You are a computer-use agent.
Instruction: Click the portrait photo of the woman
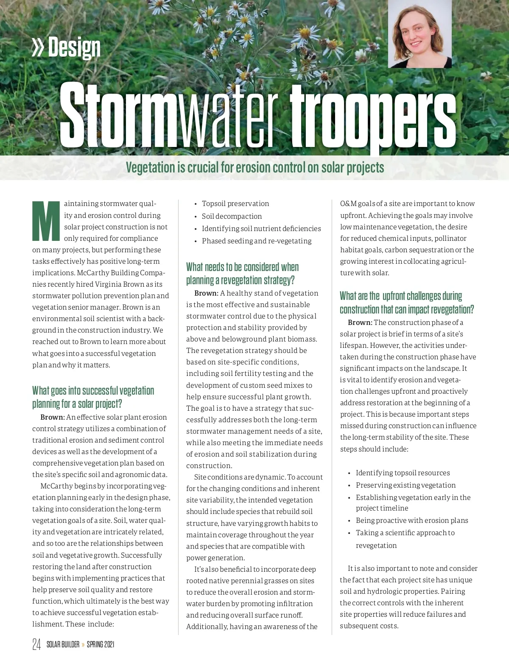click(420, 34)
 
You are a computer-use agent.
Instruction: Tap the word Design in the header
click(74, 48)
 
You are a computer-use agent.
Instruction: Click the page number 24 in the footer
click(36, 644)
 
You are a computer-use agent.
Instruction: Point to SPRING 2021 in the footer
click(101, 644)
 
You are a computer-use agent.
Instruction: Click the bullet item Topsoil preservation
click(235, 204)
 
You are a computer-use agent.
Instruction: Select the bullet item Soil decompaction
click(232, 216)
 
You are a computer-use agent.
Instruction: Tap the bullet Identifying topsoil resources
click(403, 473)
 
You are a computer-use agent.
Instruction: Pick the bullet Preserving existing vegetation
click(406, 485)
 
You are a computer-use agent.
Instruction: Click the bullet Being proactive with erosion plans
click(412, 520)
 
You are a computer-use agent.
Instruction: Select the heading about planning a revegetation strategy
click(242, 274)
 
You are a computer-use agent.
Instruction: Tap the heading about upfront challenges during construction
click(406, 302)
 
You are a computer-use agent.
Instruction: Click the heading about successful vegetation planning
click(93, 397)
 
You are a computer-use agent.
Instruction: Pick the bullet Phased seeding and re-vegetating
click(256, 241)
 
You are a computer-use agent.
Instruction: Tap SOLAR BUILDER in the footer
click(63, 644)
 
